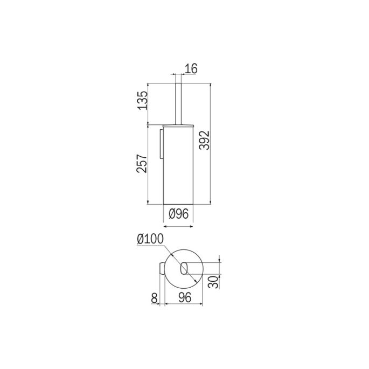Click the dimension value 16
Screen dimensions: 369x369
pyautogui.click(x=191, y=68)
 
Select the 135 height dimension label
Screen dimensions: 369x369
pyautogui.click(x=142, y=101)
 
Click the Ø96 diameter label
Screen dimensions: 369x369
pyautogui.click(x=178, y=214)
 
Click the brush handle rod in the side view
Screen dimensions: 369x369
pyautogui.click(x=178, y=102)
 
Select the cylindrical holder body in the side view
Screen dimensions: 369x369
pyautogui.click(x=178, y=167)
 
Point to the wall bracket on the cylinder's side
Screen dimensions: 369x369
pyautogui.click(x=161, y=143)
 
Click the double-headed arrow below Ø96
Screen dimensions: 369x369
pyautogui.click(x=178, y=227)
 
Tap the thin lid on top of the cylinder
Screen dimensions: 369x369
pyautogui.click(x=178, y=124)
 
